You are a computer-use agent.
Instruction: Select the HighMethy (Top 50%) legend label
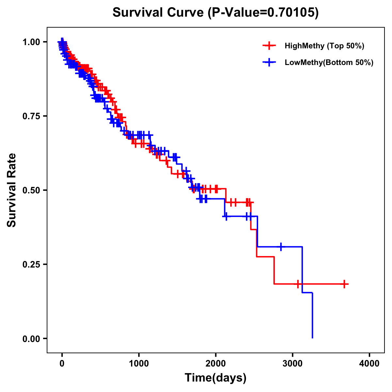point(324,46)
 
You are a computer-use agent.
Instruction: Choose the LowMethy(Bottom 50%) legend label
point(329,62)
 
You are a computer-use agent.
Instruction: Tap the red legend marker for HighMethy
point(269,46)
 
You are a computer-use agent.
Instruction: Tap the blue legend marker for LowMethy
point(269,62)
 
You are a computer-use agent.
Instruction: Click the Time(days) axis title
point(216,378)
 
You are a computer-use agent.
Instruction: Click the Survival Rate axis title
point(12,190)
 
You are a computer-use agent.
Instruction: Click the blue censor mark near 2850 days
point(281,247)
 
